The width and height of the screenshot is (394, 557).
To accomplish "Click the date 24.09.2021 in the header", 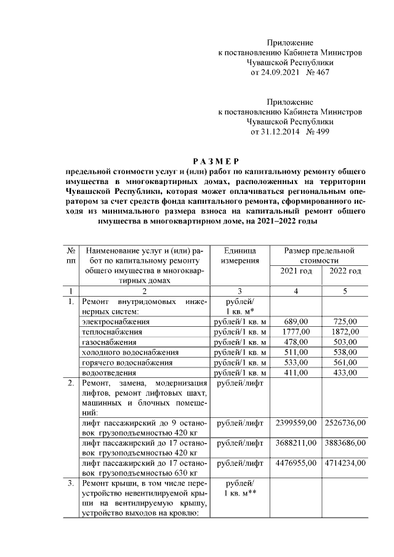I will point(275,73).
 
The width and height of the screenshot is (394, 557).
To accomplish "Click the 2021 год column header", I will point(295,271).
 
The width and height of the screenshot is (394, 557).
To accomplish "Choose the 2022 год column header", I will point(345,271).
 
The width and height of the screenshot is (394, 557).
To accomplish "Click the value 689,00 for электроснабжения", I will point(295,321).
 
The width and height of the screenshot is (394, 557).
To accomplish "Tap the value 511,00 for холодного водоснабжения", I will point(295,352).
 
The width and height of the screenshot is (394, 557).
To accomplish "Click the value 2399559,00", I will point(295,423).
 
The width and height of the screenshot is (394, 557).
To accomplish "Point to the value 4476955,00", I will point(295,463).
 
